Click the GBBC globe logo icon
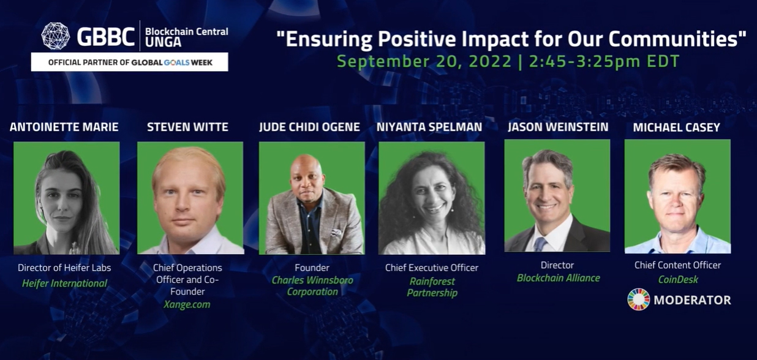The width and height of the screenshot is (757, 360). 55,36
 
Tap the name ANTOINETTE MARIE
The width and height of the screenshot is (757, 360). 64,127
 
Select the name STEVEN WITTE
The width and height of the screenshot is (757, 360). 187,127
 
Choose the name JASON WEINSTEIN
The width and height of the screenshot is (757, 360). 558,127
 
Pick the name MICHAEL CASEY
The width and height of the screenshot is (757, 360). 677,127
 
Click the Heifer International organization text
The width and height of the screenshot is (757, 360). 64,283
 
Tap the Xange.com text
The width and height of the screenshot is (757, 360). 187,305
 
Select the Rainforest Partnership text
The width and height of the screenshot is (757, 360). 432,287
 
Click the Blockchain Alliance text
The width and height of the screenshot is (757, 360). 558,278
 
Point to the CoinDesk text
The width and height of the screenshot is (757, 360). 677,280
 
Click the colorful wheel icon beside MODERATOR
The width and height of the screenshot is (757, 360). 638,300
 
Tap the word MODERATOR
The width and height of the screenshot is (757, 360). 692,301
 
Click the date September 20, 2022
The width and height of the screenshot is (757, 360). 424,62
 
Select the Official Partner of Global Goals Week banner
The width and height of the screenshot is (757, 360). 129,62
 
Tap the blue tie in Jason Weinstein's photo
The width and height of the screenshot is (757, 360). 540,243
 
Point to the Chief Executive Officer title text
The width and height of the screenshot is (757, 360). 432,268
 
